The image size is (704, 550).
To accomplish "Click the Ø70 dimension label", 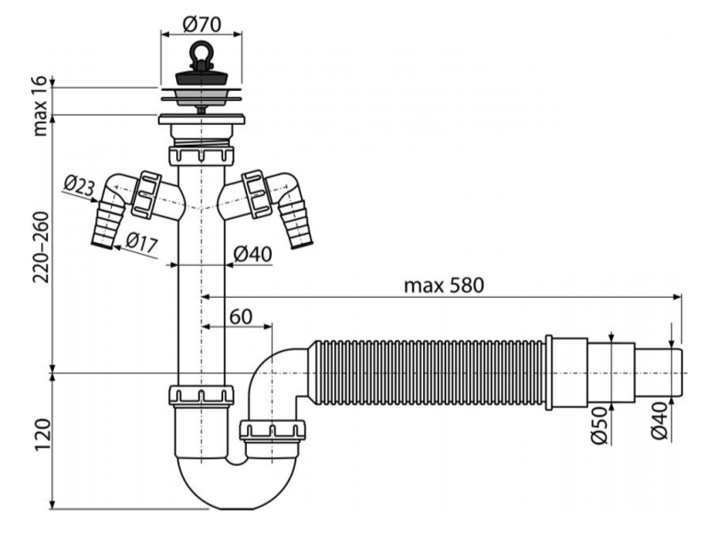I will coord(204,18).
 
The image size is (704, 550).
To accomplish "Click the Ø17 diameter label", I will coord(140,243).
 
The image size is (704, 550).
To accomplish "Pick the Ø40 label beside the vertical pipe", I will coord(253,255).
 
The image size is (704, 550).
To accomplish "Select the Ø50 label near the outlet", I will coord(597,426).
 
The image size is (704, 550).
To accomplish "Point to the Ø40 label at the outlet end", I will coord(660,426).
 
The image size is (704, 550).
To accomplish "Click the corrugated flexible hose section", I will coord(427,371).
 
